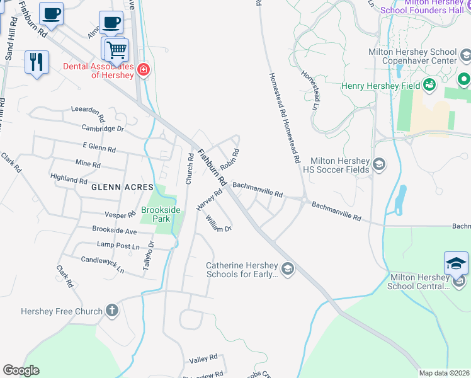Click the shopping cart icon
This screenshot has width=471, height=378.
tap(115, 49)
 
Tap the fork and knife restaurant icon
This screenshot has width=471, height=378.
tap(37, 62)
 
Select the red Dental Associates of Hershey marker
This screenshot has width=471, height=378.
tap(144, 69)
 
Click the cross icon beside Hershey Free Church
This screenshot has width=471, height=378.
tap(111, 310)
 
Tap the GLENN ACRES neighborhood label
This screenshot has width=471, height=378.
tap(122, 187)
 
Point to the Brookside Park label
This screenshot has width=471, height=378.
tap(161, 214)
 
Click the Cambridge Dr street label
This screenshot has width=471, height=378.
tap(103, 129)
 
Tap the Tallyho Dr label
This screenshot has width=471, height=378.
tap(147, 256)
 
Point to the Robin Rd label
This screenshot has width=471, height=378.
tap(230, 157)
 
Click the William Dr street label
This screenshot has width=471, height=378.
tap(218, 224)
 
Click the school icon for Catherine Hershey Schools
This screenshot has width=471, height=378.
tap(287, 270)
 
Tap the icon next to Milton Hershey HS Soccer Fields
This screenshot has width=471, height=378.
tap(379, 165)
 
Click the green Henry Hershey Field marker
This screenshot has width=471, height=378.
tap(430, 85)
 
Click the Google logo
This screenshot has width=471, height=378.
tap(21, 370)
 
